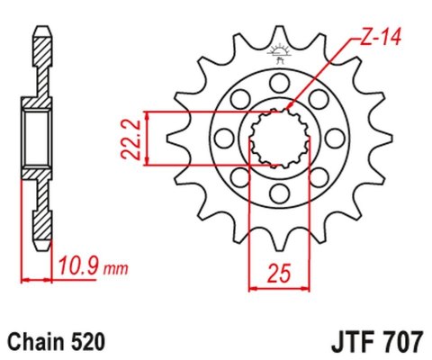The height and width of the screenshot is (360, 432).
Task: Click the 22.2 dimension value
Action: (131, 137)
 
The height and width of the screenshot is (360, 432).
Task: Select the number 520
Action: (92, 341)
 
